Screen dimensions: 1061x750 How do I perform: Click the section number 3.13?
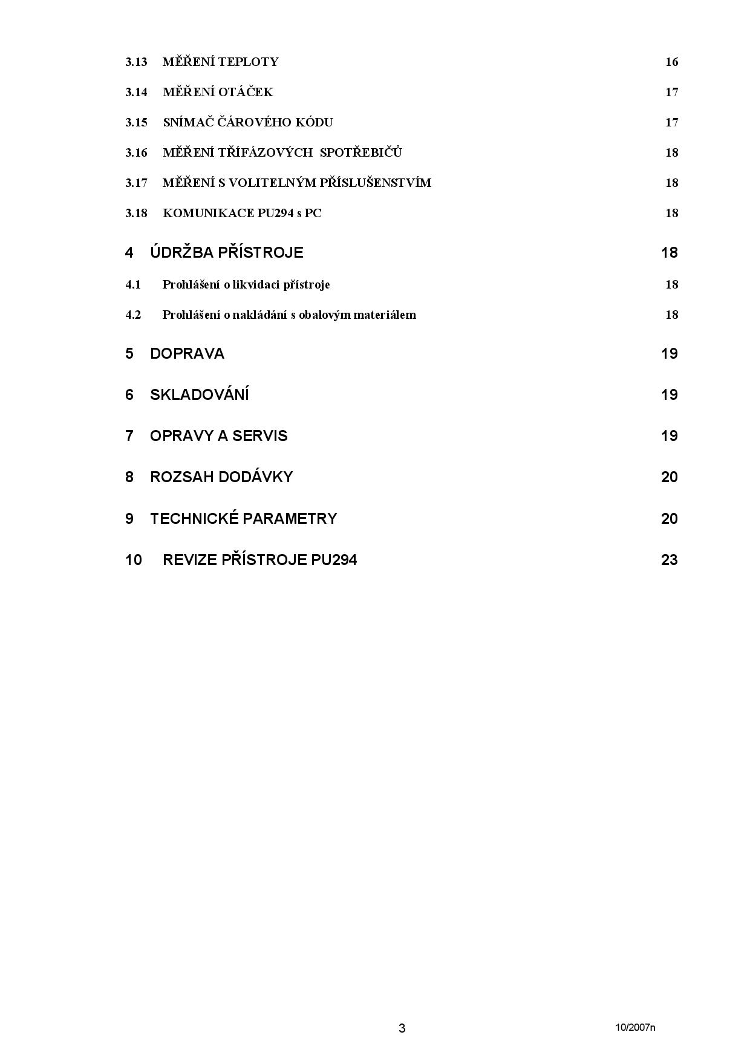(136, 62)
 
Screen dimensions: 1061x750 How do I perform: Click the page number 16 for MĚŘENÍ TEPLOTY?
(671, 62)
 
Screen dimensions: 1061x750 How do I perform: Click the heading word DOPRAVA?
(187, 354)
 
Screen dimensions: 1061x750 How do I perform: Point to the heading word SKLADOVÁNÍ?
(200, 395)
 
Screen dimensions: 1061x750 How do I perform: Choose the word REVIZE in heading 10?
(189, 560)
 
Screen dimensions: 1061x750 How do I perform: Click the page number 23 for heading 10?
(669, 560)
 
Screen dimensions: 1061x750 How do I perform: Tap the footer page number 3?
(402, 1028)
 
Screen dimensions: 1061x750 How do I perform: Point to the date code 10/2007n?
(635, 1027)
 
